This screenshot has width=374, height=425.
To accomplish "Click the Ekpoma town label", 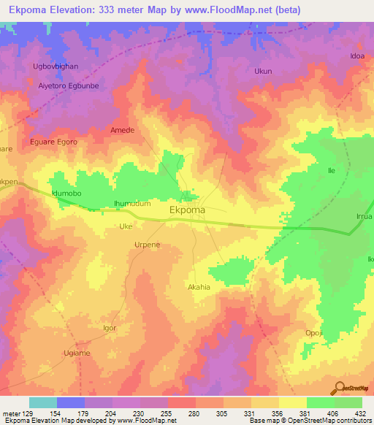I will click(x=187, y=210).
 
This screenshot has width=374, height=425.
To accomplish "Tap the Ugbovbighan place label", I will click(x=56, y=66).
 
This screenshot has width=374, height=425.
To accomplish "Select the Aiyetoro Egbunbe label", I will click(x=68, y=85).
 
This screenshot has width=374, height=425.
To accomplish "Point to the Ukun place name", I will click(x=262, y=72).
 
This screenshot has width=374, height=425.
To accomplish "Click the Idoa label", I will click(x=357, y=55).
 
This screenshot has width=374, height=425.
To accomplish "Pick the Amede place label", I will click(x=122, y=130).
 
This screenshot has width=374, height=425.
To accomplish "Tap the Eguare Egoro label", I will click(x=53, y=142).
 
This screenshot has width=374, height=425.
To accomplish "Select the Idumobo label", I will click(x=66, y=193).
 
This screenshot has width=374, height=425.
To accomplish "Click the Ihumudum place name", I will click(x=131, y=204).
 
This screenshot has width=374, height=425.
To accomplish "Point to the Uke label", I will click(x=126, y=226).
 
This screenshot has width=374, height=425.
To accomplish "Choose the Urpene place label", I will click(x=147, y=245).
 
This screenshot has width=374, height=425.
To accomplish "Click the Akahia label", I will click(x=199, y=287).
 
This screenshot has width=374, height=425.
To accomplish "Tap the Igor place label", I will click(x=110, y=328).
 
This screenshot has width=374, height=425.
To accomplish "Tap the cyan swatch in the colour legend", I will click(x=43, y=402).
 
